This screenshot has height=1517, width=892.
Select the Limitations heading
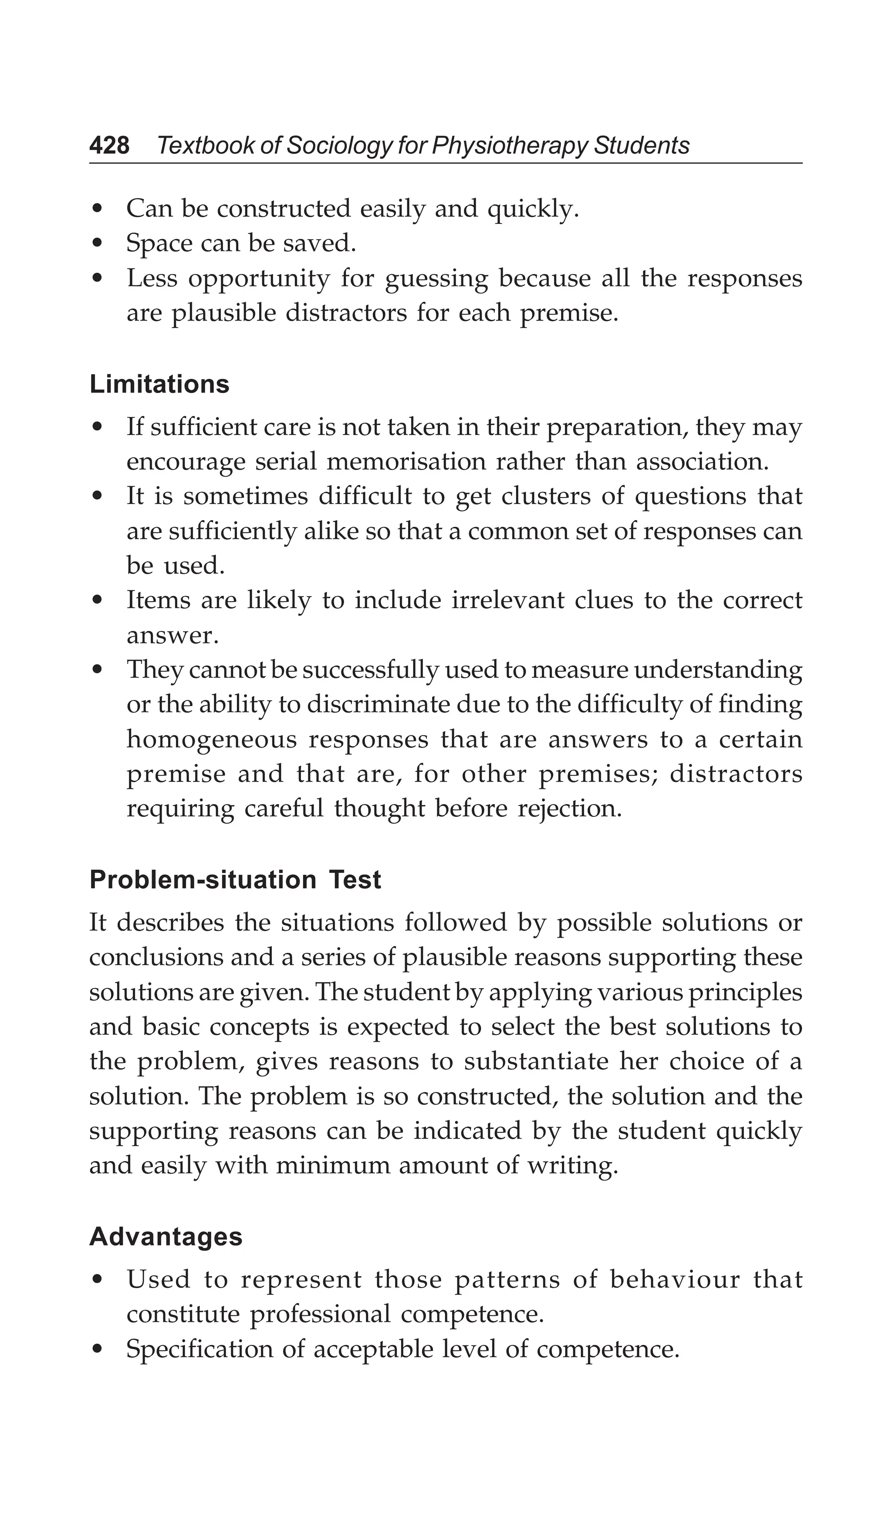point(159,384)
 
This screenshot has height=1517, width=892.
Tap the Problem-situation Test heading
point(235,880)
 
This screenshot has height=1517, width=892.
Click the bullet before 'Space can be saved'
point(97,244)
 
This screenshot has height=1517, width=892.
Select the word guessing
point(436,279)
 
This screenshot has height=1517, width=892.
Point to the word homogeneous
point(211,739)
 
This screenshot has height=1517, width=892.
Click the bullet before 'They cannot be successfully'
point(97,670)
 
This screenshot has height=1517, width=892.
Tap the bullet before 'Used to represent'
point(97,1280)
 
